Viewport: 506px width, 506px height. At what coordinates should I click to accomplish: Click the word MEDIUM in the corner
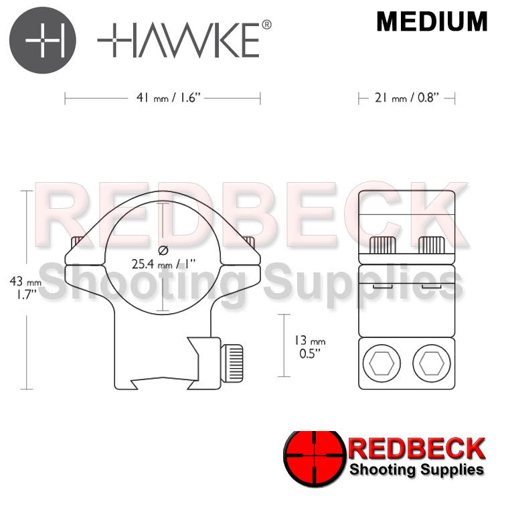(x=432, y=22)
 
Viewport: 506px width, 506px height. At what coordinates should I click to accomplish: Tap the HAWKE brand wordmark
(x=178, y=40)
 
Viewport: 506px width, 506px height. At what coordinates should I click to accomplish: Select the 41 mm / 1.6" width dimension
(x=163, y=99)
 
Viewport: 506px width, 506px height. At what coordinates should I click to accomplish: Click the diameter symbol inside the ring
(x=163, y=250)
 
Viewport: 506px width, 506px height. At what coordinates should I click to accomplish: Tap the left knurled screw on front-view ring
(x=78, y=242)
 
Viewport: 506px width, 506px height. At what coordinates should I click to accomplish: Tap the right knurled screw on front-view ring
(x=250, y=241)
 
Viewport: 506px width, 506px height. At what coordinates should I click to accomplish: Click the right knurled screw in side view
(x=429, y=246)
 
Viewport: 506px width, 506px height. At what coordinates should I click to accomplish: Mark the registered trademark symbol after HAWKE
(x=266, y=25)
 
